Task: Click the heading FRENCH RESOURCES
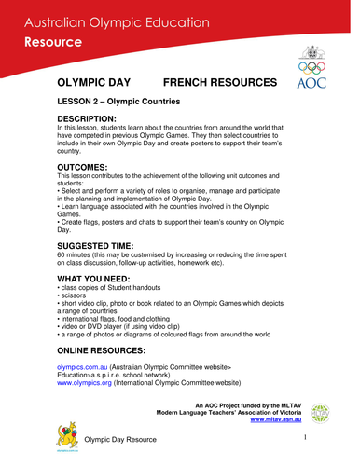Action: pyautogui.click(x=219, y=84)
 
